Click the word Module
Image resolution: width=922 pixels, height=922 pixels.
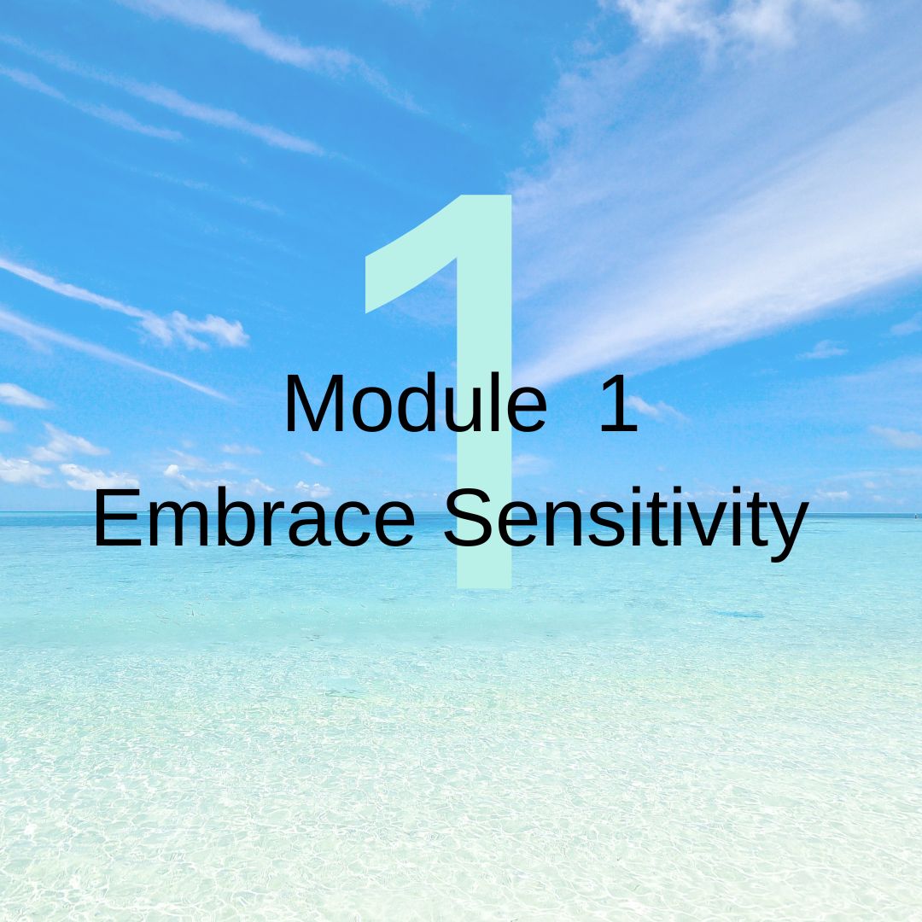point(416,403)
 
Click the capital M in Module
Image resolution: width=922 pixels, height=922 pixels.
point(316,403)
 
